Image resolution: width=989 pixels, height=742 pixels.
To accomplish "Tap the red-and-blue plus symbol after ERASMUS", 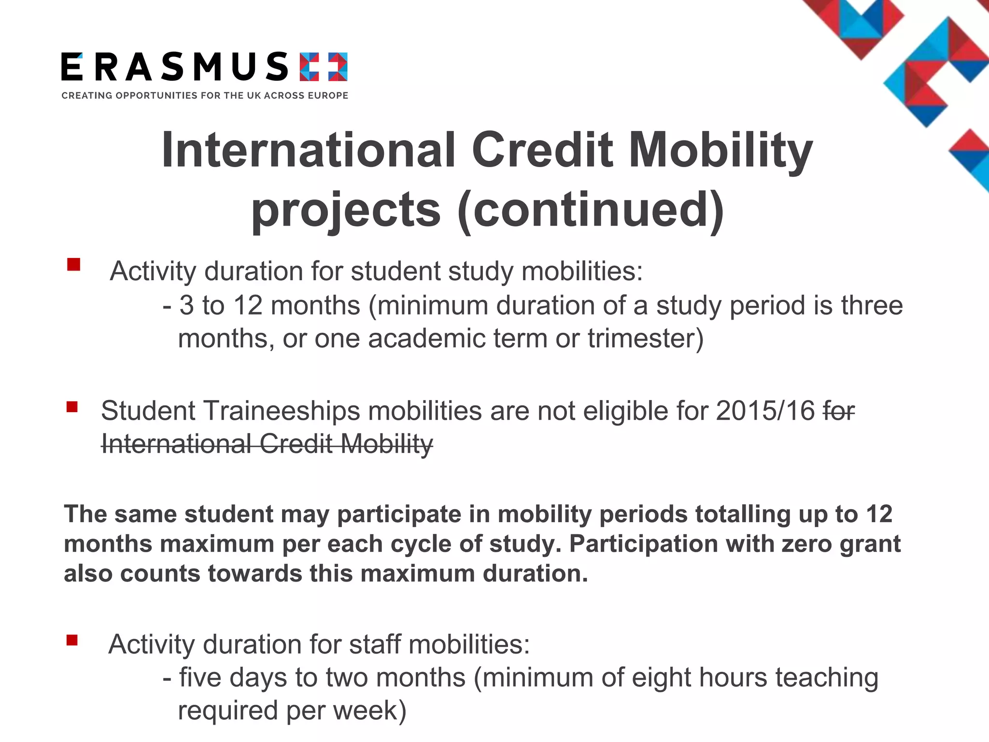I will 323,67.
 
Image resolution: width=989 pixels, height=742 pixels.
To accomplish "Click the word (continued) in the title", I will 591,209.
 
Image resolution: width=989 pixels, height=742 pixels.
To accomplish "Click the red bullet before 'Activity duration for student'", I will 73,264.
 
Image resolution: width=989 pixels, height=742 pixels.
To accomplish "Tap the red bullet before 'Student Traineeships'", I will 72,407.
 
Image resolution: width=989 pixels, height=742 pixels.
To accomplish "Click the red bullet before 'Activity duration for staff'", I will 72,640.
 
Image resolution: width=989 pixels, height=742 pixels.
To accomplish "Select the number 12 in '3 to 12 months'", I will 248,306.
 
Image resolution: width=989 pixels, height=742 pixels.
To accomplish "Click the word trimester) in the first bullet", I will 646,338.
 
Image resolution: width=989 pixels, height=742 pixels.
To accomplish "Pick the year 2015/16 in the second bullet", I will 765,411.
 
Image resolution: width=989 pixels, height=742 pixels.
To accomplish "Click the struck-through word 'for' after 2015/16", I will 839,411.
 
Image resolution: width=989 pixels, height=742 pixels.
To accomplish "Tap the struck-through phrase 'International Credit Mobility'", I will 267,444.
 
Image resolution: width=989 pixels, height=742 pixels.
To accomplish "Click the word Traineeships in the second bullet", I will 283,411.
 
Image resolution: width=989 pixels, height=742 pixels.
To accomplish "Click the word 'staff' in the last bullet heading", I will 375,644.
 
